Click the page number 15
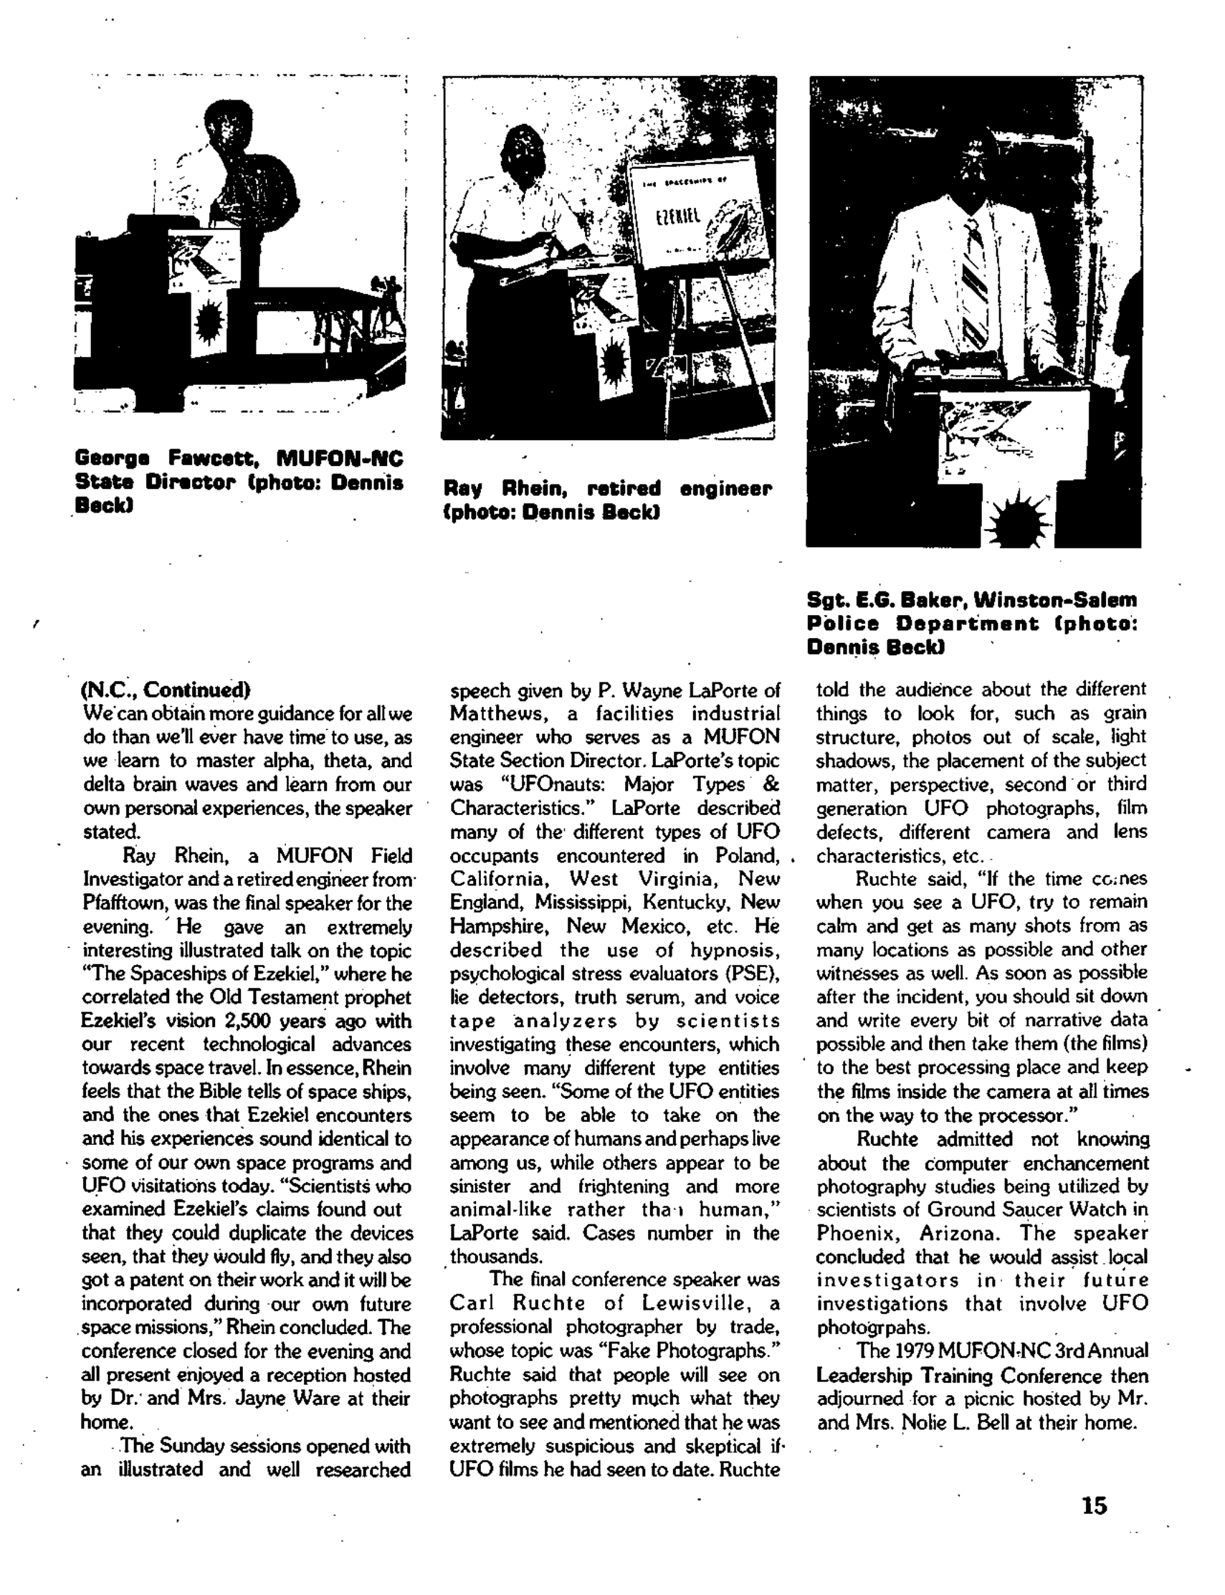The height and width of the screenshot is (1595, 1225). click(1094, 1505)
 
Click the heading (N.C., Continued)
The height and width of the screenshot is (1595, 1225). click(166, 689)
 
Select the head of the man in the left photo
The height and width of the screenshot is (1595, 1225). click(229, 123)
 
